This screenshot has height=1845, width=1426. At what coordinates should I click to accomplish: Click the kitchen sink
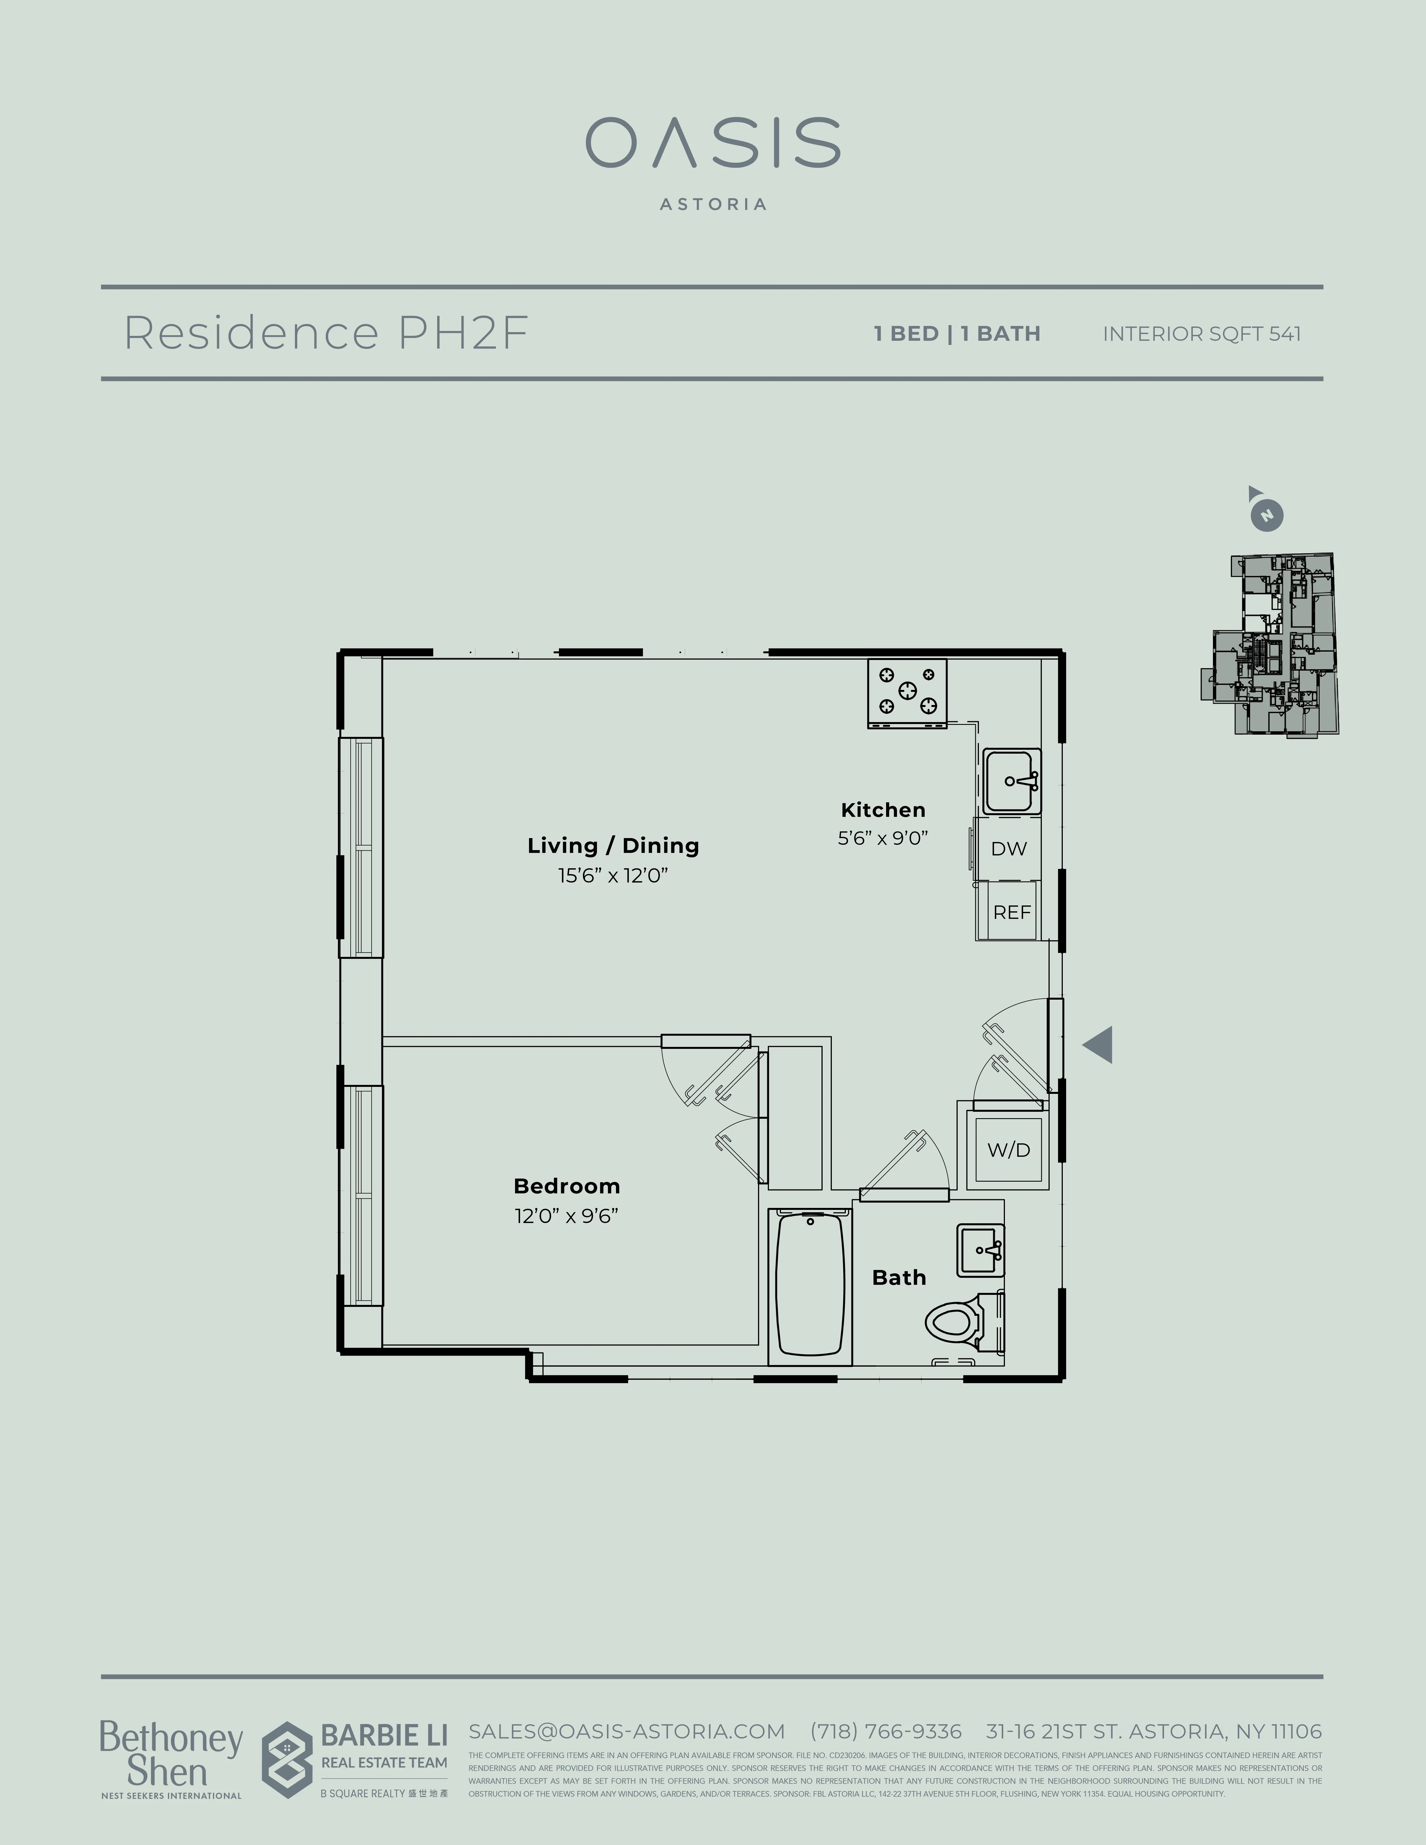click(x=1011, y=781)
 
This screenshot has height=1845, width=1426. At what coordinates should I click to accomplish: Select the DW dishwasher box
click(x=1009, y=848)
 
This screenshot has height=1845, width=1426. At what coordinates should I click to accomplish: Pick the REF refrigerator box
click(x=1011, y=912)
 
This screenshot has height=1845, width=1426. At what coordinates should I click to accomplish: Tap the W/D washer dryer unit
click(x=1009, y=1150)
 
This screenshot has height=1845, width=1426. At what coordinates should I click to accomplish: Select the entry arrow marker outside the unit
click(x=1098, y=1045)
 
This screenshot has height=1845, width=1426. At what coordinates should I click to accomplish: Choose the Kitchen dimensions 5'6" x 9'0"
click(x=883, y=838)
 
